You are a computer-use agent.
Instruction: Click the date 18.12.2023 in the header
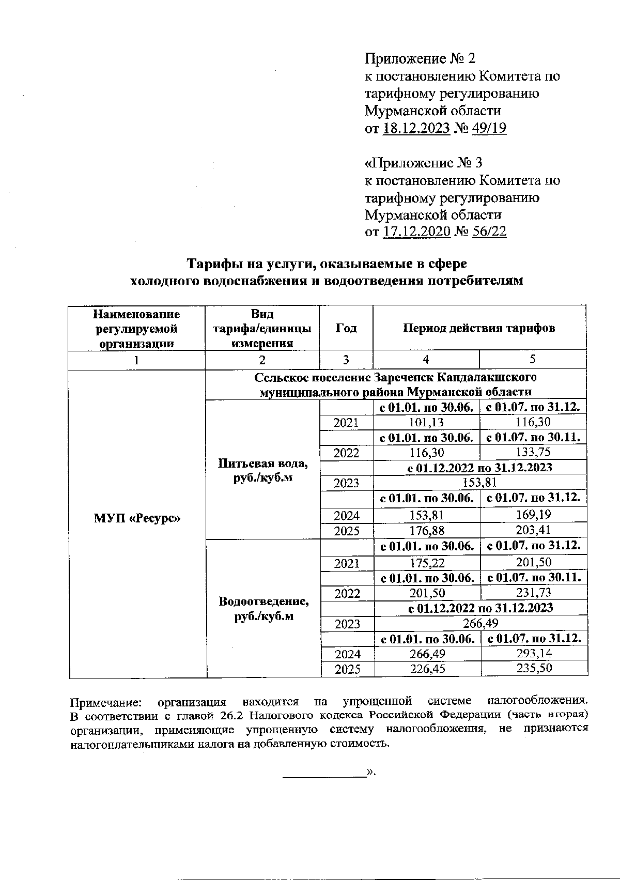click(416, 128)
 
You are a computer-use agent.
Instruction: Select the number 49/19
click(489, 128)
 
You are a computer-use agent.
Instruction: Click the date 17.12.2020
click(416, 232)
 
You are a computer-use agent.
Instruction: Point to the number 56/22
click(489, 232)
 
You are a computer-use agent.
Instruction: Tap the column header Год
click(346, 328)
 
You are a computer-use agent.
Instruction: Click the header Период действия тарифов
click(479, 328)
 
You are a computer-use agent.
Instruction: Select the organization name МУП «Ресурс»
click(137, 518)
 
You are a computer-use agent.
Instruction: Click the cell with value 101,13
click(426, 422)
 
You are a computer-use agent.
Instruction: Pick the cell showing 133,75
click(533, 452)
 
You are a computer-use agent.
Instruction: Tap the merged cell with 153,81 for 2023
click(479, 483)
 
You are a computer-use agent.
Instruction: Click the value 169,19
click(533, 515)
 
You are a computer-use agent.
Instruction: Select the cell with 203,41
click(533, 530)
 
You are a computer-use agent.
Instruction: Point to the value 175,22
click(426, 563)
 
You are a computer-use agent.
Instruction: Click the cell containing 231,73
click(533, 593)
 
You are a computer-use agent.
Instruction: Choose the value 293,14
click(534, 654)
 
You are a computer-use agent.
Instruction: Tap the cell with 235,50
click(534, 669)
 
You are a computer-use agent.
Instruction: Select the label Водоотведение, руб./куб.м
click(263, 609)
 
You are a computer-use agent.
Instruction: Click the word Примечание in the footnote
click(107, 702)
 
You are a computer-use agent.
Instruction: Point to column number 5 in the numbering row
click(532, 360)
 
